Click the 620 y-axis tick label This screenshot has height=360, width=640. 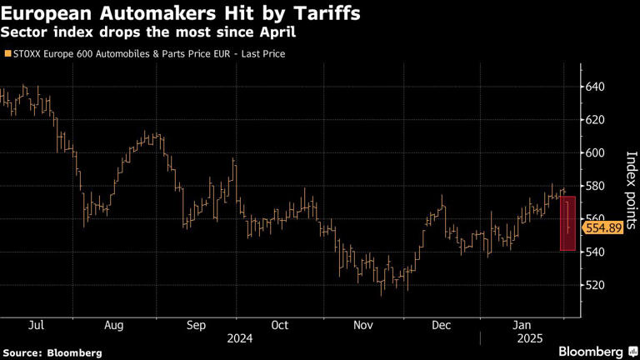[x=595, y=120]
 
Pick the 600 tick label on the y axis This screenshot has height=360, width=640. [x=595, y=152]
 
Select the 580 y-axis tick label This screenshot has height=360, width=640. [x=595, y=186]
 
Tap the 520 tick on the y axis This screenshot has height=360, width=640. [x=595, y=285]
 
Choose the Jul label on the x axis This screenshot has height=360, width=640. [x=36, y=325]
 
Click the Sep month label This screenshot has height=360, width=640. [x=197, y=325]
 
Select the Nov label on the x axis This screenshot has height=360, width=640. [x=362, y=325]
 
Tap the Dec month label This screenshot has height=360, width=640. [x=442, y=325]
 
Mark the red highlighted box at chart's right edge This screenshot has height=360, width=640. [x=568, y=222]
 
